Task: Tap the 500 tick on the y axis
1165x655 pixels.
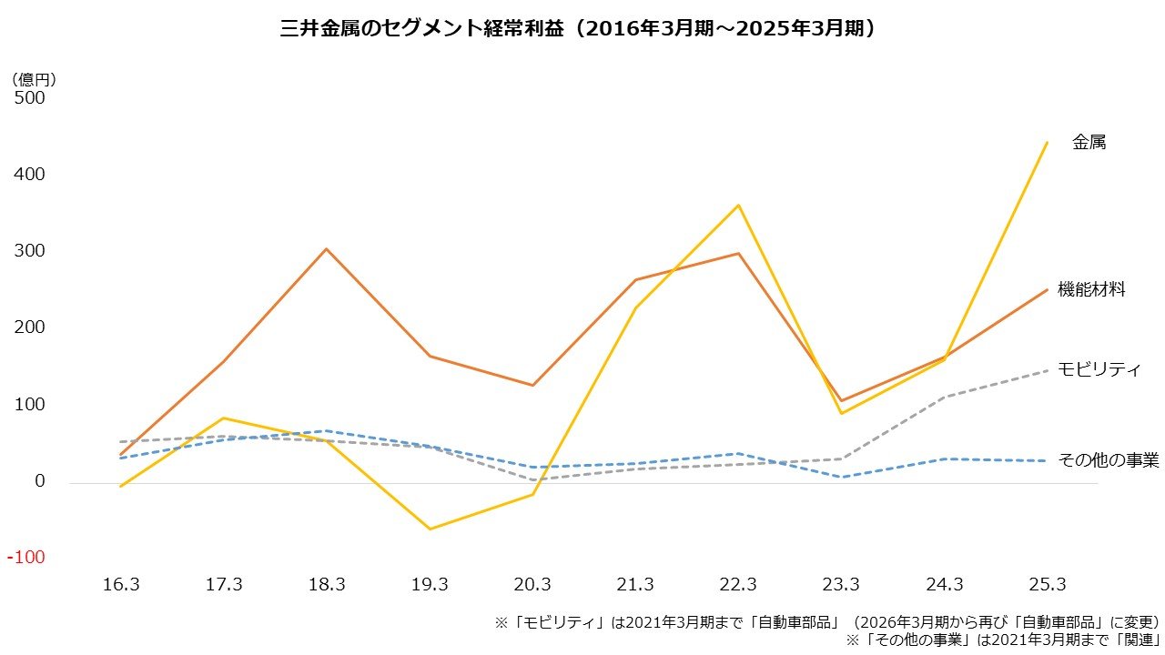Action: (29, 97)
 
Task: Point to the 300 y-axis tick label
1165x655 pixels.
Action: (29, 251)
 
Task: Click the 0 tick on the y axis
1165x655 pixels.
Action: (39, 481)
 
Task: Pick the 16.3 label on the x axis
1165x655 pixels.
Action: (121, 585)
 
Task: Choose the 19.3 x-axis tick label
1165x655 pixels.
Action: (430, 585)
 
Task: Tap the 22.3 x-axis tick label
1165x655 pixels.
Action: (738, 585)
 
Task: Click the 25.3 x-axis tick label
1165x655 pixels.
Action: (1047, 585)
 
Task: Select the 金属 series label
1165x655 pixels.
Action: (1089, 143)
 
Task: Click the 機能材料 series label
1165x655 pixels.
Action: (1091, 289)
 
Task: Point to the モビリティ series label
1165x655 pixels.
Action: (1099, 369)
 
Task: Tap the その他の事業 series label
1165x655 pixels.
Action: (1109, 460)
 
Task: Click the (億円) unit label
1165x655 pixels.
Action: (35, 79)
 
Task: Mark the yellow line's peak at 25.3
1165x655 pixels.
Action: (1047, 143)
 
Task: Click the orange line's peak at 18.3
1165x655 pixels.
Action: (326, 248)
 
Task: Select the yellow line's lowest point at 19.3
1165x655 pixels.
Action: (430, 529)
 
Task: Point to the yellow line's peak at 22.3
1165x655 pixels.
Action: (738, 206)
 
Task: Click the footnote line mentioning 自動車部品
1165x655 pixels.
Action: (826, 623)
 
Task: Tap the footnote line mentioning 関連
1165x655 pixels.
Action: (1002, 640)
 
